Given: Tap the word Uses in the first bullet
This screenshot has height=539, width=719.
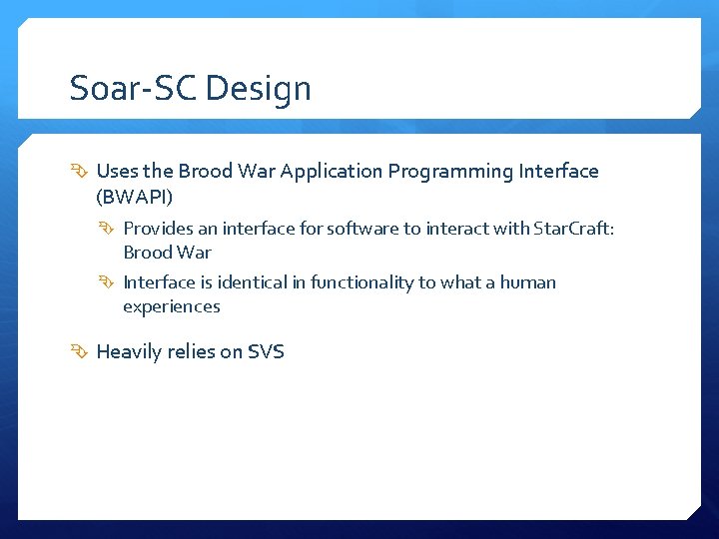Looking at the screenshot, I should coord(117,171).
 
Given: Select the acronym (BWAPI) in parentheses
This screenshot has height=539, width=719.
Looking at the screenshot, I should coord(135,196).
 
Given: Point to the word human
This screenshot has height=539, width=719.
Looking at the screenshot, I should coord(527,282).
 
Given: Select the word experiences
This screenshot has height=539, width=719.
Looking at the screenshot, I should coord(171,306).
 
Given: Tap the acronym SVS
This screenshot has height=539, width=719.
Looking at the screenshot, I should coord(266,351).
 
